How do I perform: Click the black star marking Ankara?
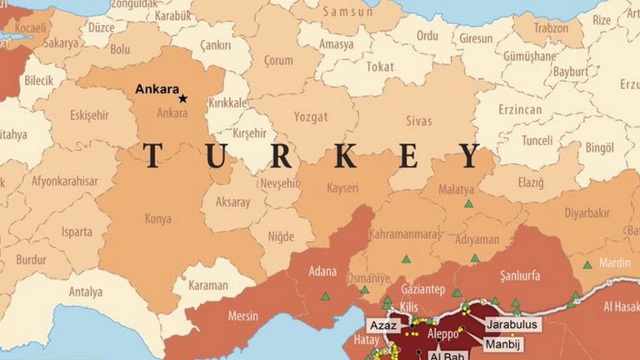(182, 98)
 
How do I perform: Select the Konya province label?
(157, 219)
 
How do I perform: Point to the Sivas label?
(419, 122)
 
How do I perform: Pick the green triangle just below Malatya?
(468, 203)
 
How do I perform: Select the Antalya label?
(86, 292)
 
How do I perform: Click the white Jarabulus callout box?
(511, 324)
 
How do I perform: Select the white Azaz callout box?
(383, 324)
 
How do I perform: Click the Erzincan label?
(520, 110)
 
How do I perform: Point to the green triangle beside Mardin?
(587, 265)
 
